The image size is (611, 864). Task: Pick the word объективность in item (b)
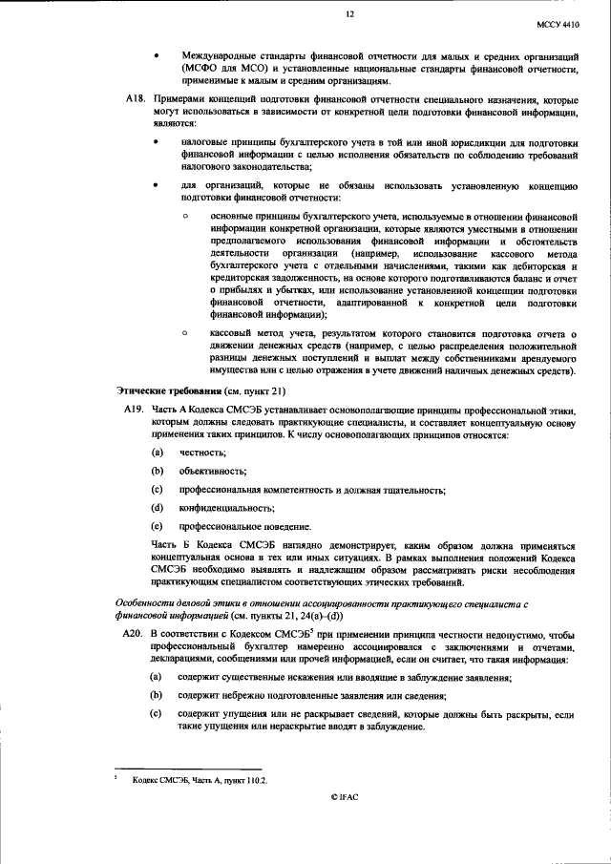206,472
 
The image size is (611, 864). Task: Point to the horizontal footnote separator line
187,769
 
